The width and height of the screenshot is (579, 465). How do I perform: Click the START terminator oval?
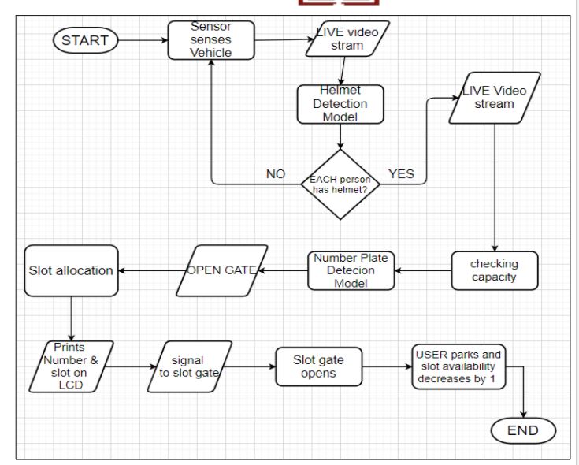pos(86,40)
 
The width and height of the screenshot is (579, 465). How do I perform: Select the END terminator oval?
pos(523,430)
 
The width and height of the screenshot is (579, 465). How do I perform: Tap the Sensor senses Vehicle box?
pos(211,40)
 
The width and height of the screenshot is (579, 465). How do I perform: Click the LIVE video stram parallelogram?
pos(347,39)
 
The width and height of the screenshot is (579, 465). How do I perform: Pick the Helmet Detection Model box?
pos(340,104)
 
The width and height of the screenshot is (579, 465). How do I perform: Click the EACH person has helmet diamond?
pos(340,184)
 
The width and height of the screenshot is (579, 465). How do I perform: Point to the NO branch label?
pos(276,174)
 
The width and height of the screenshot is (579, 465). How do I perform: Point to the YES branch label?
pos(402,173)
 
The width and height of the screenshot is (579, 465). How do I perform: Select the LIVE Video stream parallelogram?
pos(495,98)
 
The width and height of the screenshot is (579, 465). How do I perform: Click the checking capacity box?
pos(495,271)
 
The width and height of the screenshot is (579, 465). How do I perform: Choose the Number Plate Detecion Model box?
pos(351,271)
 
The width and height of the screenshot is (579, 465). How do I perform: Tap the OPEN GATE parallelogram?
pos(222,271)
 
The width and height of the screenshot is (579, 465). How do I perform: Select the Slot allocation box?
pos(71,271)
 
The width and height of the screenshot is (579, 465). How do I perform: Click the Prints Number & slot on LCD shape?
pos(71,366)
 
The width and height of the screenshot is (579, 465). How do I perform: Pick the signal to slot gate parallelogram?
pos(189,366)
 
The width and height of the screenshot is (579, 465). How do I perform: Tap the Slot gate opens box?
pos(319,366)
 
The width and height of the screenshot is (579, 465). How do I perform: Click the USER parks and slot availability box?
pos(458,366)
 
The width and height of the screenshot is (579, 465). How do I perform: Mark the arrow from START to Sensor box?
pos(143,40)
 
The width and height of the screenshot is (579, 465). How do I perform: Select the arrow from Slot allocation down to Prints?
pos(71,318)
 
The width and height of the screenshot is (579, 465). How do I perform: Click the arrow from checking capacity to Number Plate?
pos(423,271)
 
